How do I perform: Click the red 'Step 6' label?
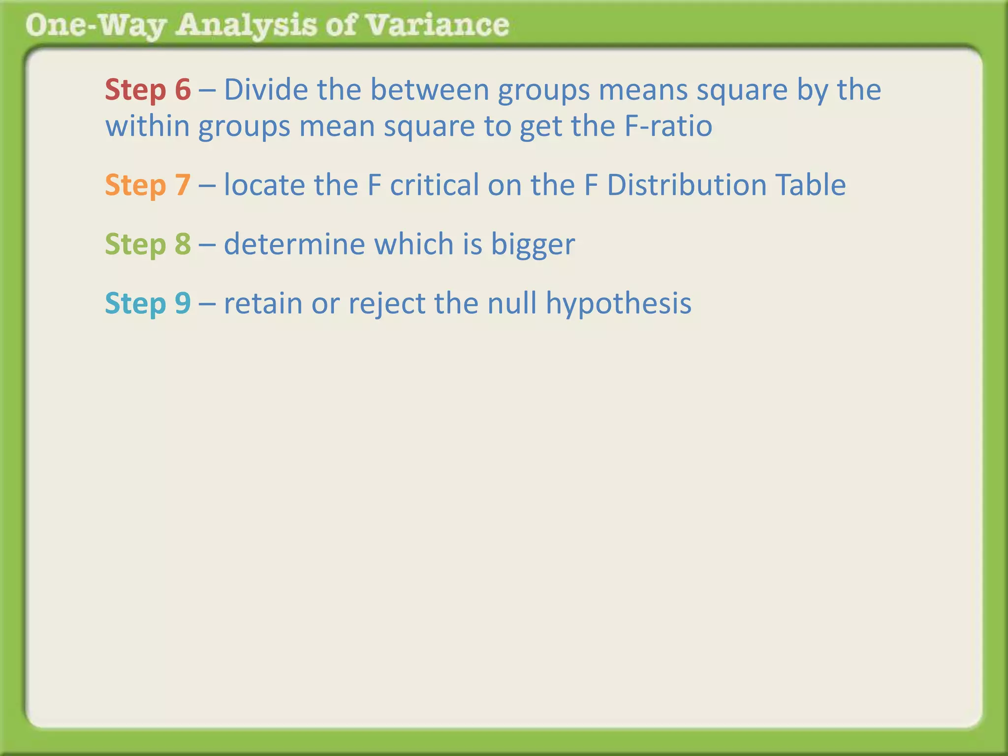click(148, 90)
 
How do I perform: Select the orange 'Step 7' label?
click(148, 185)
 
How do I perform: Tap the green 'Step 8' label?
click(148, 244)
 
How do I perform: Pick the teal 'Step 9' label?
click(148, 303)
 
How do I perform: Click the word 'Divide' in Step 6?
click(266, 90)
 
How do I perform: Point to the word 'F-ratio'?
click(668, 126)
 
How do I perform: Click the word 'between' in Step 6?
click(430, 90)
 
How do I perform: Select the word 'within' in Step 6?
click(148, 126)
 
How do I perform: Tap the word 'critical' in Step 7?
click(434, 185)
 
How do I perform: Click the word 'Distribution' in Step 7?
click(687, 185)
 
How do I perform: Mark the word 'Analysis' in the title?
click(247, 26)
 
